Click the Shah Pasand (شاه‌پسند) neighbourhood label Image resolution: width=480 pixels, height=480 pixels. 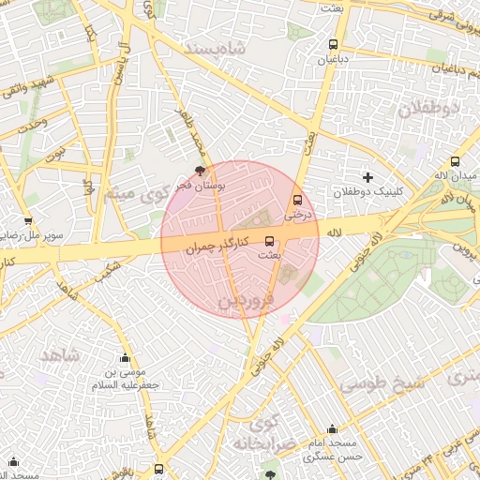pos(216,47)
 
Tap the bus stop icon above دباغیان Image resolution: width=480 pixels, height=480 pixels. pos(333,44)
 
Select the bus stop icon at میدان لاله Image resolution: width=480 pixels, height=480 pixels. pos(456,160)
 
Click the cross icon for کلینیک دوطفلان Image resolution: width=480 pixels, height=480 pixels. pos(367,176)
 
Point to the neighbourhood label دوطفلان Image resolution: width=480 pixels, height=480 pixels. pos(430,108)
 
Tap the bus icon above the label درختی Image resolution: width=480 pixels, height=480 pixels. pos(298,200)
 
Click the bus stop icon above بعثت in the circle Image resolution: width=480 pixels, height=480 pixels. pos(270,240)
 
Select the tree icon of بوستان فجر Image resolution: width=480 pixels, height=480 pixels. pos(200,171)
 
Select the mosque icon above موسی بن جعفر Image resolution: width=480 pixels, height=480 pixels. pos(125,358)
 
